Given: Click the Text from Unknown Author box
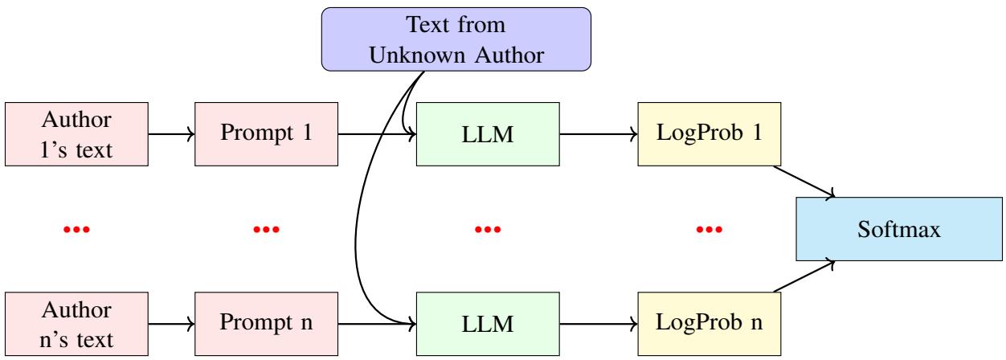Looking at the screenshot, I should click(x=456, y=38).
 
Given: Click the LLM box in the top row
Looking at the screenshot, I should click(x=487, y=134).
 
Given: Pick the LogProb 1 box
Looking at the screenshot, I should click(x=709, y=134).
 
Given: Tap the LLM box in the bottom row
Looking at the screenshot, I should click(x=487, y=325).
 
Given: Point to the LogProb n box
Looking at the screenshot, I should click(x=709, y=325).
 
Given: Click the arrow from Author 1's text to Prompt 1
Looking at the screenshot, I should click(x=171, y=134).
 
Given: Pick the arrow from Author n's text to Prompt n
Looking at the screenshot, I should click(x=171, y=325).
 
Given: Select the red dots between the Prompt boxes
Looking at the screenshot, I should click(x=264, y=230).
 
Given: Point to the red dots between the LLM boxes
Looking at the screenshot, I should click(x=487, y=230).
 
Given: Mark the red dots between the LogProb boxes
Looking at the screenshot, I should click(x=709, y=230).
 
